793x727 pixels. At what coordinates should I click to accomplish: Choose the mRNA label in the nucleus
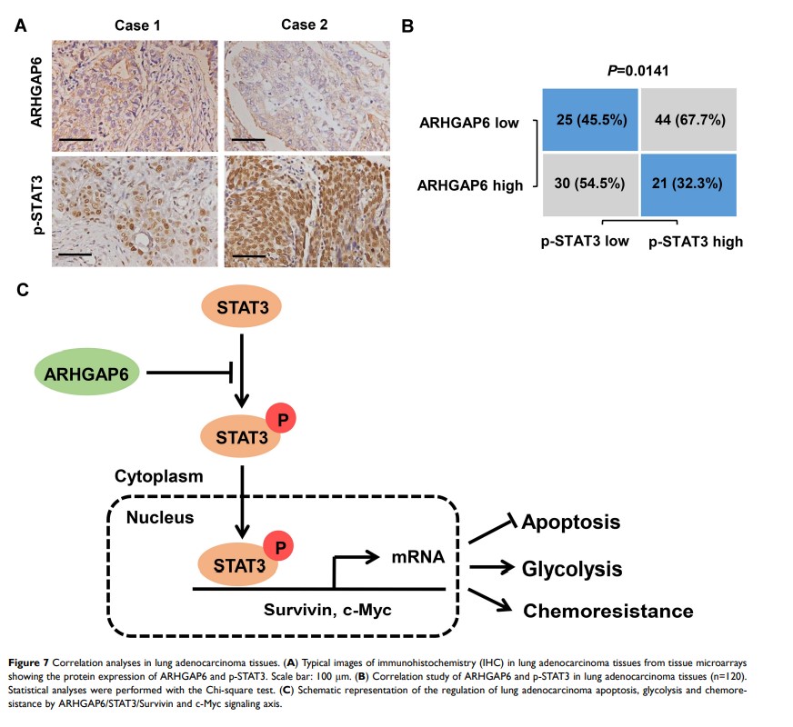[x=418, y=557]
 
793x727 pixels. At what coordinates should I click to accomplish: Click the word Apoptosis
[x=571, y=523]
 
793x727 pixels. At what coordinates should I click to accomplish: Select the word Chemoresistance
[x=607, y=611]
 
